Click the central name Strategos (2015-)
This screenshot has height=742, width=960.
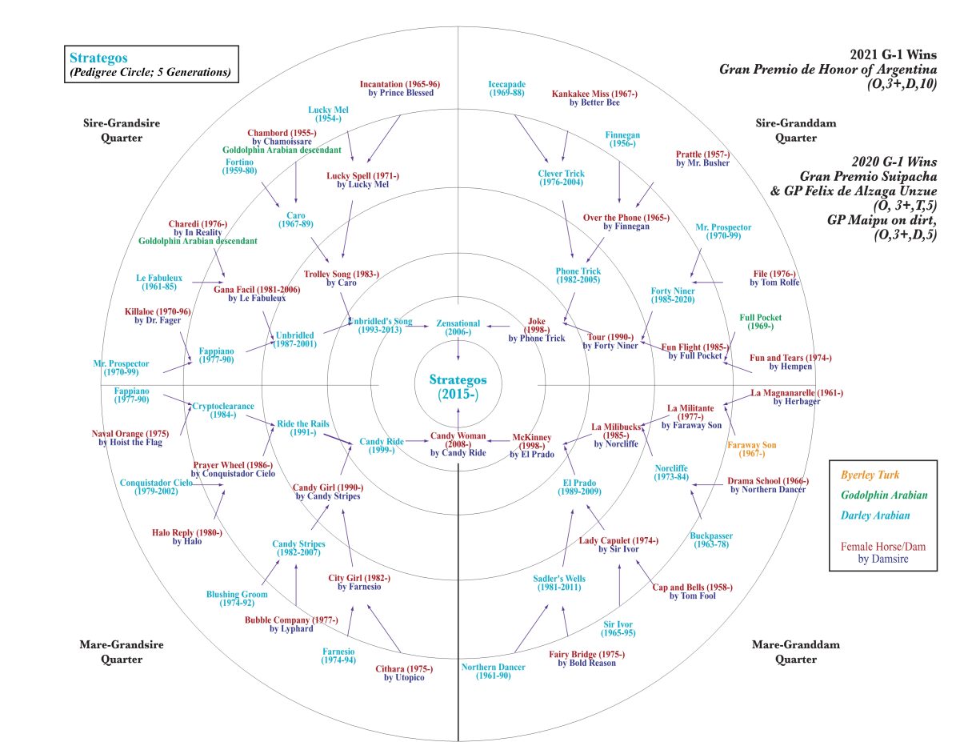458,386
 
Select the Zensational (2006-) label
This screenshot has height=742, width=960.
458,327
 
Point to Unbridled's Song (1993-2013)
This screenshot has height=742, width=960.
381,326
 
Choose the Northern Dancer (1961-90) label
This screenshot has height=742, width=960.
494,672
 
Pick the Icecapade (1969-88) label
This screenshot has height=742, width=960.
506,89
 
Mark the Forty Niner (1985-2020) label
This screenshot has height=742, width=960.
673,295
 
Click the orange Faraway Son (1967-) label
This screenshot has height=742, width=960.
751,450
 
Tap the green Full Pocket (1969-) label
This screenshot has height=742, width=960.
760,322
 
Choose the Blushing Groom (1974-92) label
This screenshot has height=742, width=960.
237,600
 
